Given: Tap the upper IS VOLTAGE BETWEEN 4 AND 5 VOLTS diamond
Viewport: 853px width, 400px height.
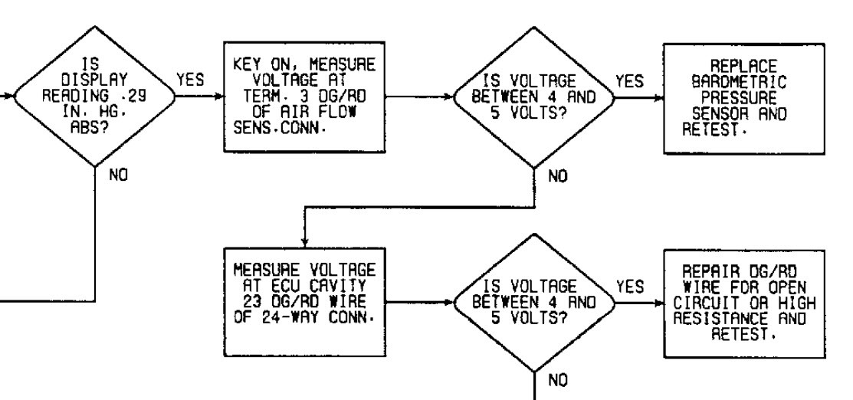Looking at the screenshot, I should pos(534,98).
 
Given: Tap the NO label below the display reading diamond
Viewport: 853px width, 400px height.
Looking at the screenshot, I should pos(119,175).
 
